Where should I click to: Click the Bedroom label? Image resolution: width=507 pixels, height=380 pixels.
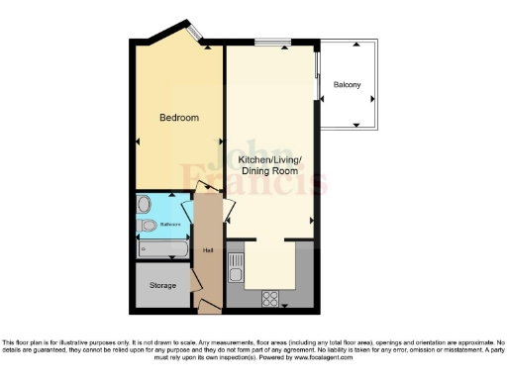[x=179, y=118]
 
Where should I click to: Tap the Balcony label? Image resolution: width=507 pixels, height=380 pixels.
[x=347, y=84]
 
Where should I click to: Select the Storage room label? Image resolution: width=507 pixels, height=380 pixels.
[x=163, y=285]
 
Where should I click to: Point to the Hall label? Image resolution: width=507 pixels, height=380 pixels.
[x=208, y=249]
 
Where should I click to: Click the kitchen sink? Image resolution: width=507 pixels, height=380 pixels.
[x=236, y=264]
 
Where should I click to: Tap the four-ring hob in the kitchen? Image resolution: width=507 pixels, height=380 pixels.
[x=269, y=296]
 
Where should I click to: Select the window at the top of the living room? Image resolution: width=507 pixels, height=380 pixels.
[x=272, y=43]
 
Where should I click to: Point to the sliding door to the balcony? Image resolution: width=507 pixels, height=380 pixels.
[x=317, y=74]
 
